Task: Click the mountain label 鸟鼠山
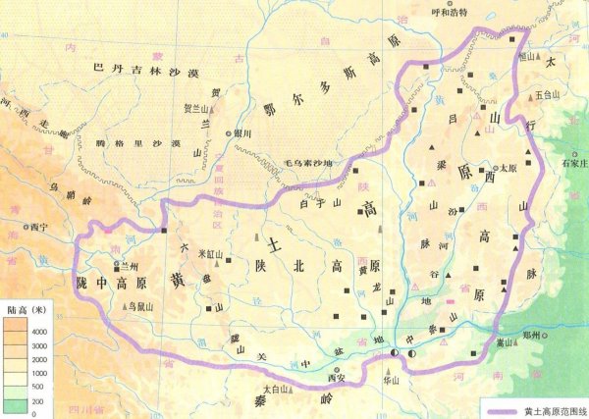(141, 306)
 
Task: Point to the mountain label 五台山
(551, 95)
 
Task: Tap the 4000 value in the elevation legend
(43, 333)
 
